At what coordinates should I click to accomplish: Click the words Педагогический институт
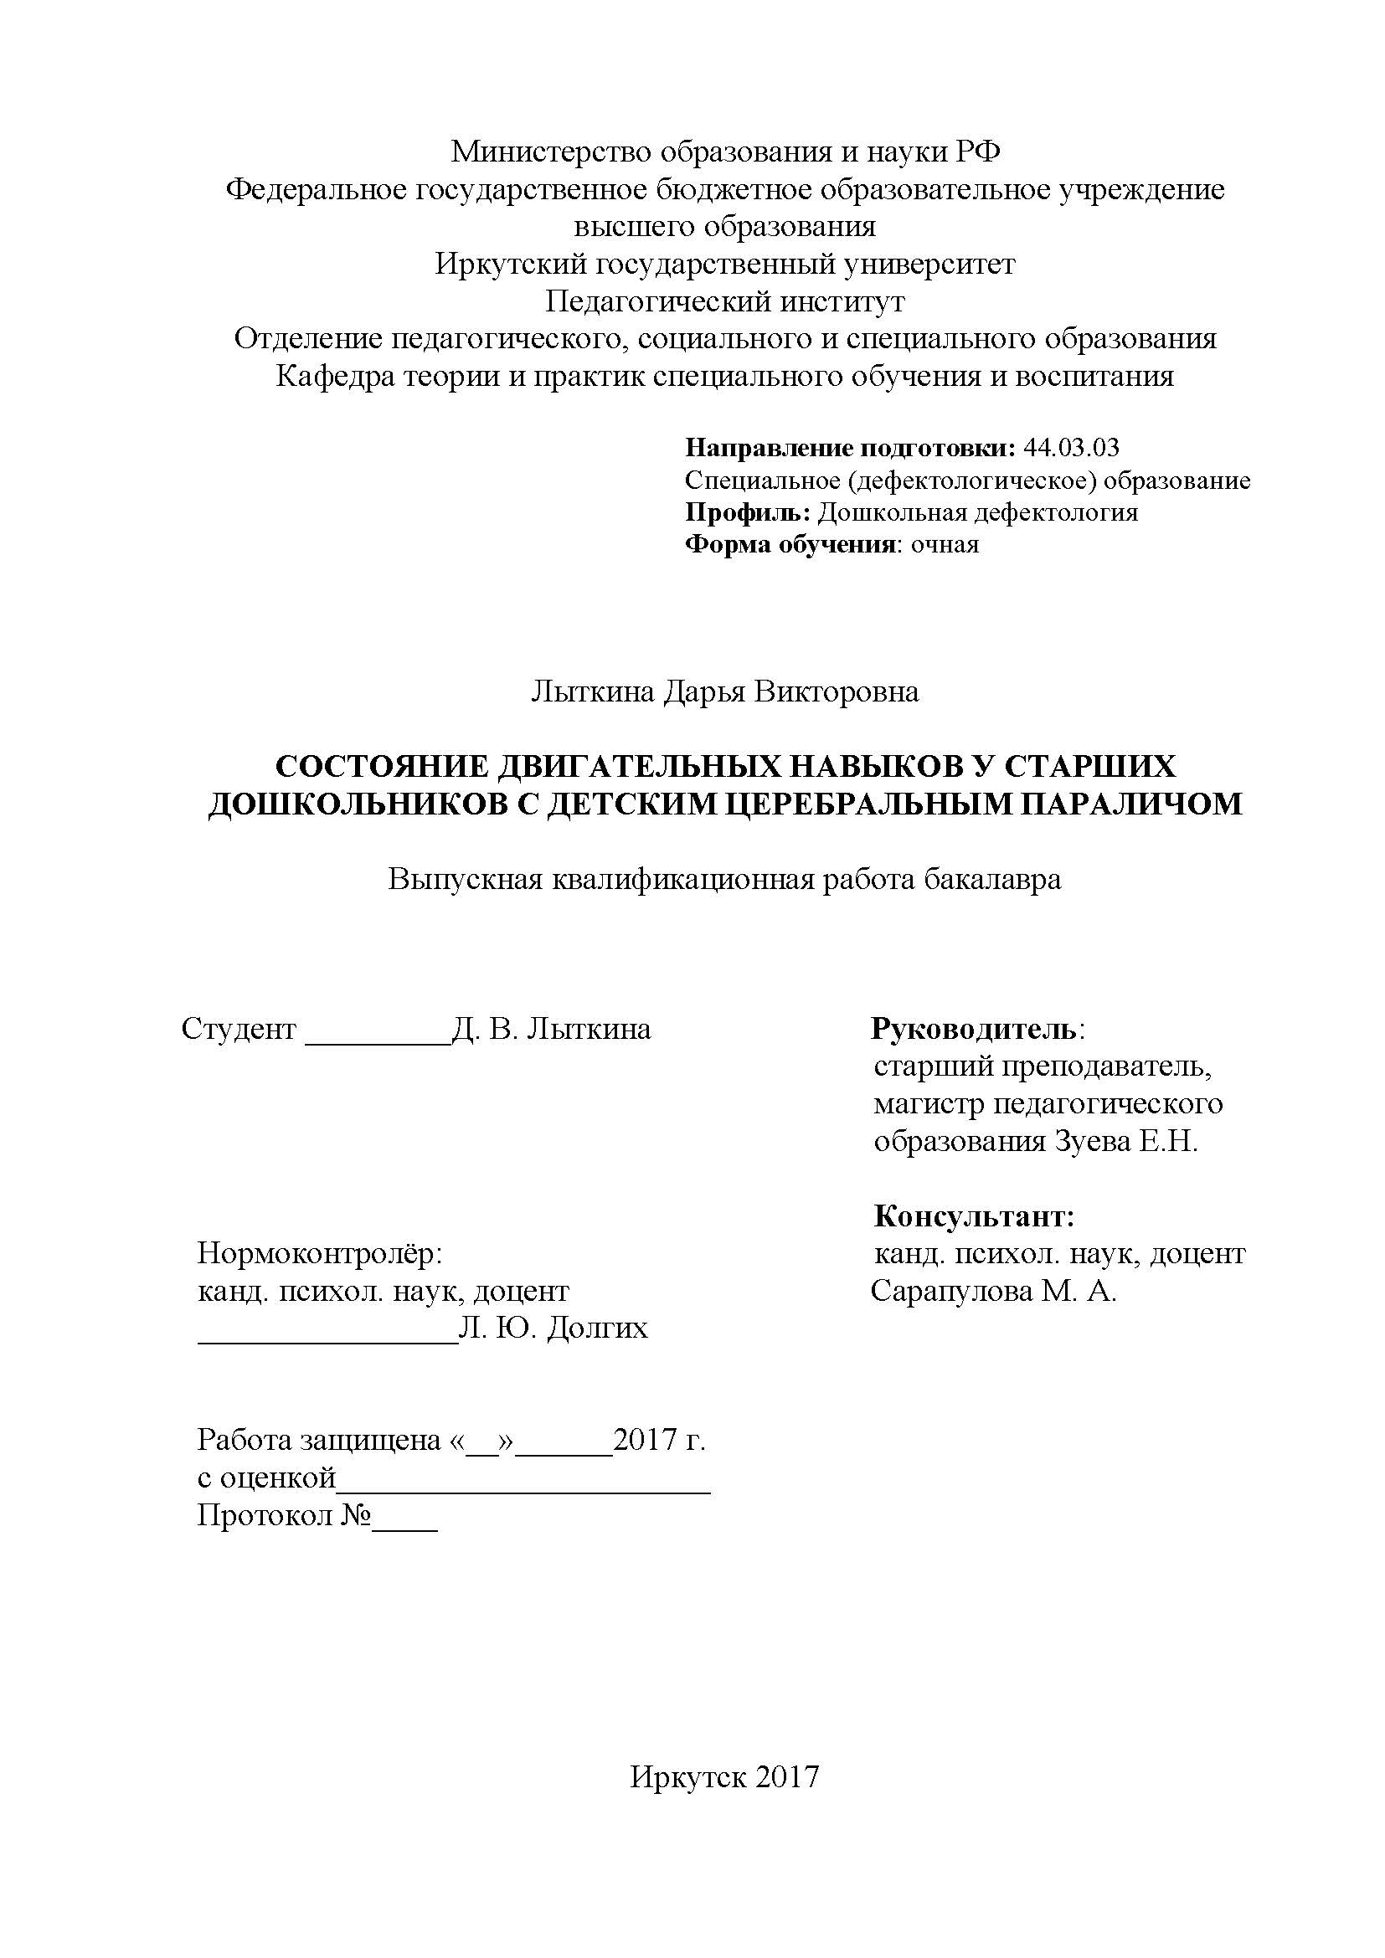point(725,302)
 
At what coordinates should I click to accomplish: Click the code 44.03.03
point(1071,448)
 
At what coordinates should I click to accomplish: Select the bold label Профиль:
point(748,512)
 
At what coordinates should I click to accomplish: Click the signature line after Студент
point(377,1041)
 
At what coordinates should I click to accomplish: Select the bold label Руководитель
point(973,1030)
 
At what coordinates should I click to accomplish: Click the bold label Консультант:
point(974,1216)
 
